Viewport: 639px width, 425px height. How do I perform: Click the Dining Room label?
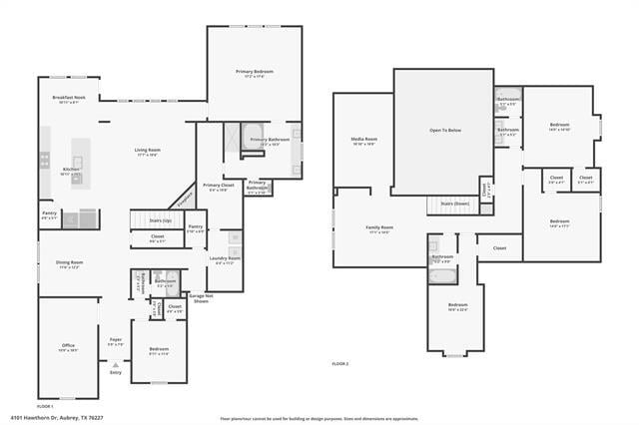point(69,264)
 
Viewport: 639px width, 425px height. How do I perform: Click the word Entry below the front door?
point(116,372)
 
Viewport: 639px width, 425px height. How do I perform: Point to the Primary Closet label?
point(217,187)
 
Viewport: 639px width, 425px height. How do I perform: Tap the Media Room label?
point(363,141)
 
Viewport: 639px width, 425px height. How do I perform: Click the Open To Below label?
point(444,131)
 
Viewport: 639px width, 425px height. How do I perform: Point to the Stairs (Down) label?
point(454,203)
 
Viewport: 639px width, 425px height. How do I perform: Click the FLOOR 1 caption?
point(45,406)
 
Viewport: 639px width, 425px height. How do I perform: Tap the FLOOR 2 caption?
point(340,364)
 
